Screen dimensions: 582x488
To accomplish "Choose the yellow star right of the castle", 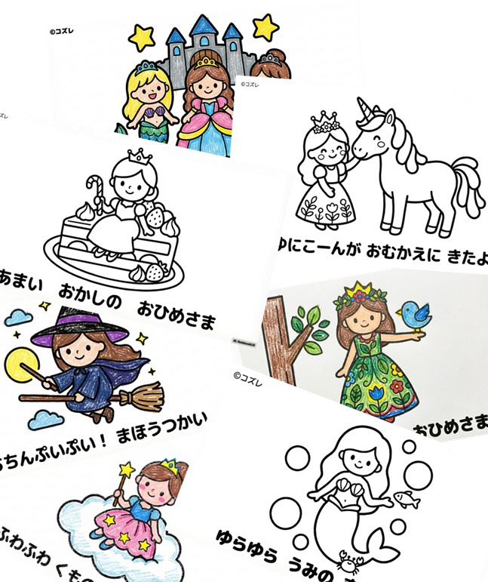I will tap(265, 26).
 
